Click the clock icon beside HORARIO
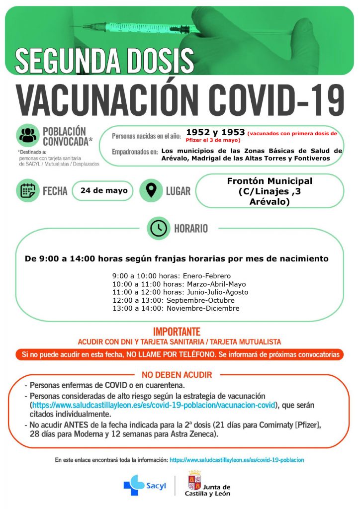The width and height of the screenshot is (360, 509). coord(159,228)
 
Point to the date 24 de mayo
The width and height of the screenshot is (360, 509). coord(103,190)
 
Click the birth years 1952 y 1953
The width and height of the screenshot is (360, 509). coord(215,132)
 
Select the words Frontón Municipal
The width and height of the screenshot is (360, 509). coord(270,181)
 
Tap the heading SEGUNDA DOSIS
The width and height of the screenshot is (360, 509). coord(104,60)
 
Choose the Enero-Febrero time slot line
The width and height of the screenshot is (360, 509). coord(172,276)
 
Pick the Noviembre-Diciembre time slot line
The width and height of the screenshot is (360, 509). coord(176,308)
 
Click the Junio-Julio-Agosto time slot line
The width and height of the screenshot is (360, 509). coord(180,292)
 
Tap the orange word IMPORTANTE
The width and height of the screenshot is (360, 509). coord(177,332)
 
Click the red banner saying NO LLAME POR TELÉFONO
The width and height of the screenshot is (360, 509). coord(180,355)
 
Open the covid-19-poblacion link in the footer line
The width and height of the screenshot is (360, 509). coord(237,460)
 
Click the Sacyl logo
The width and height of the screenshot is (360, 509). coord(142,485)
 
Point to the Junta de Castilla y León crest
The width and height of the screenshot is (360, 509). coord(194,481)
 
